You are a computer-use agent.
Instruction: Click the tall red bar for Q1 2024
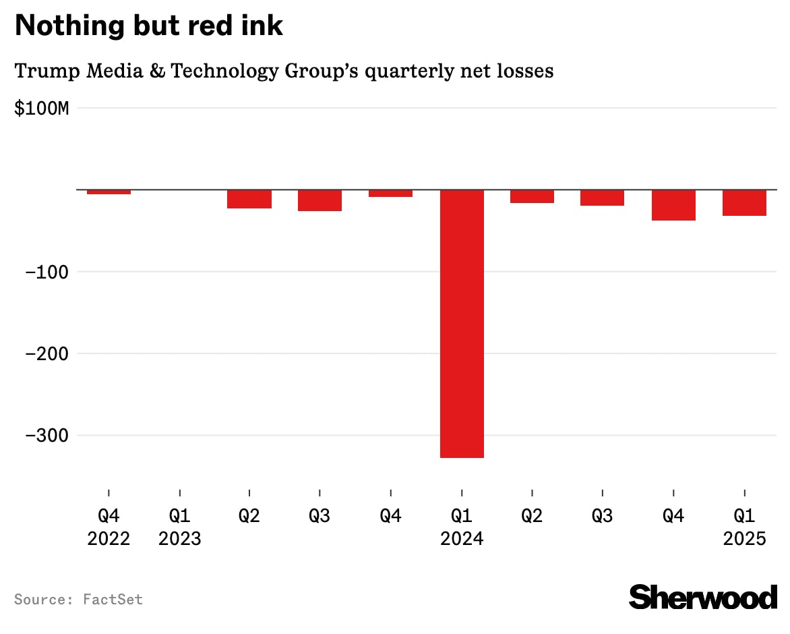pyautogui.click(x=462, y=324)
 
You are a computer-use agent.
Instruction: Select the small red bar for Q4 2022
pyautogui.click(x=109, y=192)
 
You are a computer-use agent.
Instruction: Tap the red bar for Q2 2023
pyautogui.click(x=249, y=199)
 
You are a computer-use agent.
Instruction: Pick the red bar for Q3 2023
pyautogui.click(x=320, y=200)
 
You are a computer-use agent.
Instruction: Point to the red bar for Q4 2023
pyautogui.click(x=390, y=194)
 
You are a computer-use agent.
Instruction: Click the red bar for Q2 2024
pyautogui.click(x=532, y=196)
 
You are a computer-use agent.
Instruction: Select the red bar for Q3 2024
pyautogui.click(x=602, y=198)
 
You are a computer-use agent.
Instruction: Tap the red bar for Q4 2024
pyautogui.click(x=673, y=205)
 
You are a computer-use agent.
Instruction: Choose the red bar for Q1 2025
pyautogui.click(x=743, y=203)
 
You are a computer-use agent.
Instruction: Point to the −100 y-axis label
pyautogui.click(x=47, y=272)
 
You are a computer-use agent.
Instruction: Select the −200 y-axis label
pyautogui.click(x=47, y=353)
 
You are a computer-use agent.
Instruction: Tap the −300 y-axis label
pyautogui.click(x=47, y=435)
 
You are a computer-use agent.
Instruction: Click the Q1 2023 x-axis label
pyautogui.click(x=179, y=527)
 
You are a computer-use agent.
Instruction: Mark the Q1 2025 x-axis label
pyautogui.click(x=743, y=527)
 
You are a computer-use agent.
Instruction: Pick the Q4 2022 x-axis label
pyautogui.click(x=109, y=527)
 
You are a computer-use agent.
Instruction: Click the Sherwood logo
pyautogui.click(x=702, y=597)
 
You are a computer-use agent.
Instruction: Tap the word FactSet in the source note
pyautogui.click(x=113, y=599)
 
